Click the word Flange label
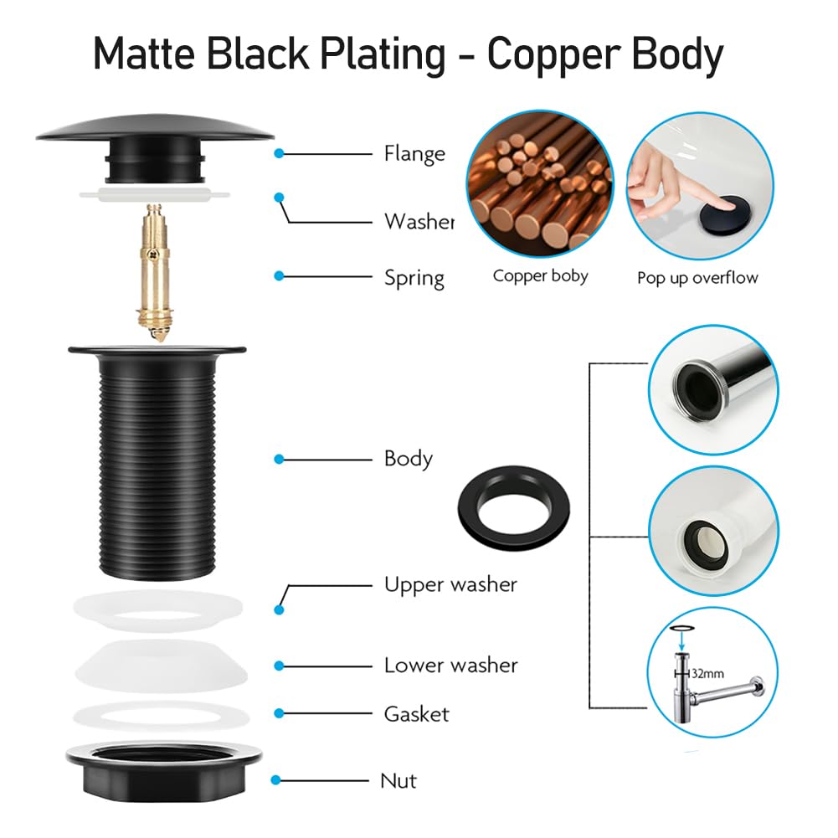coord(414,154)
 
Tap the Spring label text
coord(414,277)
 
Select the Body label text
coord(408,459)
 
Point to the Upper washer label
coord(450,584)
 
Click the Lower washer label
coord(450,666)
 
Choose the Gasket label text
coord(416,714)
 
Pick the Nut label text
coord(398,781)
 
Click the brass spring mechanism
coord(155,268)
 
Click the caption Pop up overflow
coord(697,278)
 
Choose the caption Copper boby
coord(540,276)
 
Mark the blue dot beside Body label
coord(280,460)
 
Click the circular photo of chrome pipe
coord(713,389)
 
